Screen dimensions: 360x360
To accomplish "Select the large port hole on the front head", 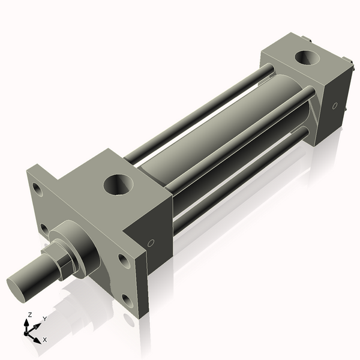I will [x=116, y=184].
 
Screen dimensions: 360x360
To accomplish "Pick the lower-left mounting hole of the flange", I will [x=44, y=229].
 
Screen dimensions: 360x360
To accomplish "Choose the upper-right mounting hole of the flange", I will [x=123, y=260].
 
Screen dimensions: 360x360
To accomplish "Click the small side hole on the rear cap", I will [x=334, y=106].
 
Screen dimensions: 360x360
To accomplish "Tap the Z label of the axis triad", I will [x=29, y=314].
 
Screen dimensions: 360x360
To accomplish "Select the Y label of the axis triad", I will [x=44, y=319].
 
